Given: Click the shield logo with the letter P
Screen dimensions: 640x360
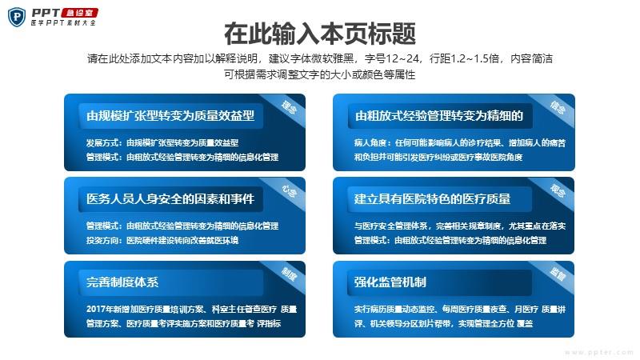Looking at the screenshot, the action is (17, 17).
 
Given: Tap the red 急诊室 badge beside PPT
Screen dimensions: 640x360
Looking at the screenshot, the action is (79, 13).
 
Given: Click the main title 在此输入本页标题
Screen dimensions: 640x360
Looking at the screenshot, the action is (319, 34).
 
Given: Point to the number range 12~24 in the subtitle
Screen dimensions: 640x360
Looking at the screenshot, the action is (403, 58).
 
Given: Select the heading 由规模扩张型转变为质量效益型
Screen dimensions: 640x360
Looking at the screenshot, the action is (170, 115).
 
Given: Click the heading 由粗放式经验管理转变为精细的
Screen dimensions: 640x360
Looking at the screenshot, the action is (438, 115).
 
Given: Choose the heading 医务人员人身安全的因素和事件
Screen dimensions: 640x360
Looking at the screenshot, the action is (170, 198).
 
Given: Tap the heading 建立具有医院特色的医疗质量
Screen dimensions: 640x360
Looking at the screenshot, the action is (432, 198).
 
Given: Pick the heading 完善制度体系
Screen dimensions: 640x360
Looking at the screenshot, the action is (122, 282).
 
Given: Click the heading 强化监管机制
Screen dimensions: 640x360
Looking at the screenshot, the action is (390, 282).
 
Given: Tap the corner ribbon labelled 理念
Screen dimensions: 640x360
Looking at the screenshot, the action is (288, 107).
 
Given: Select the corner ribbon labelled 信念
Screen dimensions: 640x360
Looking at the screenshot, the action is (557, 107).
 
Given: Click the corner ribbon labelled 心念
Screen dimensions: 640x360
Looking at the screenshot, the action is (288, 190).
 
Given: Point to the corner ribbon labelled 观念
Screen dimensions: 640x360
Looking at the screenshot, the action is (557, 190).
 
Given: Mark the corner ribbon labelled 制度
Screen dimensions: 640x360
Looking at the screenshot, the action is (288, 274).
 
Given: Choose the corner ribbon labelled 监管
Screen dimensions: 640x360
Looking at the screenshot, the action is (557, 274).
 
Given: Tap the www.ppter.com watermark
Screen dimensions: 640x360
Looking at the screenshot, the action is (598, 352).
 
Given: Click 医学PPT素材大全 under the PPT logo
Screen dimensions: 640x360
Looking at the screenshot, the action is (63, 23).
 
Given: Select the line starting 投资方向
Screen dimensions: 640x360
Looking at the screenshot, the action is (162, 241).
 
